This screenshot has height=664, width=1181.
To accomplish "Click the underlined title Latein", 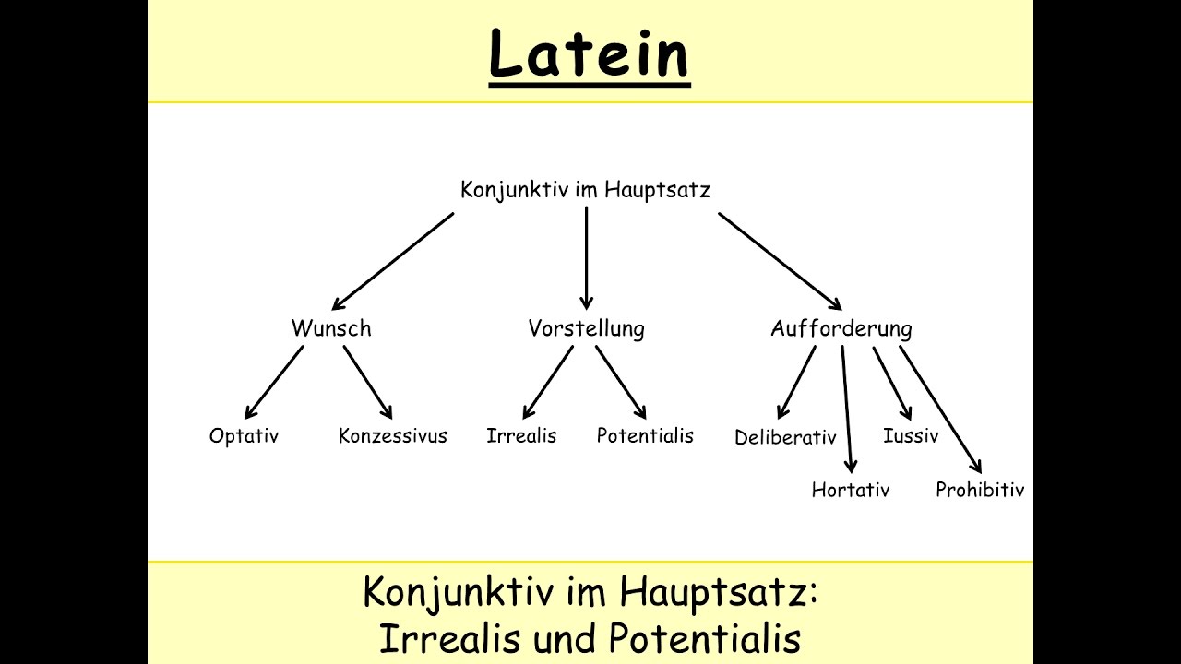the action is tap(590, 54).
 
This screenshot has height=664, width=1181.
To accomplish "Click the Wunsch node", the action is tap(331, 328).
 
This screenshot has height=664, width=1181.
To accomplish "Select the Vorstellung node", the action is tap(586, 329).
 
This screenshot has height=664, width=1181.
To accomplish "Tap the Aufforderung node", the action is tap(841, 329).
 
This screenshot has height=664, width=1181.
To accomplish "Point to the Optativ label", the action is tap(244, 436).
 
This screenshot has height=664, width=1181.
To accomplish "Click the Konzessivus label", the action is tap(393, 436).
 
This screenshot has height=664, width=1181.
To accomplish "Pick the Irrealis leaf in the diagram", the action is tap(521, 436).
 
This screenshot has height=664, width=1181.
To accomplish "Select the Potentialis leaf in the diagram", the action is tap(645, 436).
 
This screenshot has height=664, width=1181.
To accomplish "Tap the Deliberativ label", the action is tap(785, 437).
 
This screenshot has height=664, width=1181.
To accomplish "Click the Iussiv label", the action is tap(911, 436).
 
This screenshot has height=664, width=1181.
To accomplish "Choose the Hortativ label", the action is tap(851, 490).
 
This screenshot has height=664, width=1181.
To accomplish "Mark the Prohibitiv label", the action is tap(980, 490).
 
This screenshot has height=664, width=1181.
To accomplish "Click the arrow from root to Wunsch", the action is tap(393, 261).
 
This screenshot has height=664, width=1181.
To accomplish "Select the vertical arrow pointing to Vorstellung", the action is tap(586, 258).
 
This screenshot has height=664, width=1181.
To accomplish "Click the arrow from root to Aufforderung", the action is tap(781, 261).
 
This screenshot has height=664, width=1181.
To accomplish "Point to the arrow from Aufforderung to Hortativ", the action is tap(846, 409).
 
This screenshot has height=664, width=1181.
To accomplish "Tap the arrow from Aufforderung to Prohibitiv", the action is tap(940, 409).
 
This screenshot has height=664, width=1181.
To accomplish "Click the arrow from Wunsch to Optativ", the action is tap(274, 382).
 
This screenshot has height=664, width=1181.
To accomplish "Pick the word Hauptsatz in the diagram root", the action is tap(657, 190).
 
